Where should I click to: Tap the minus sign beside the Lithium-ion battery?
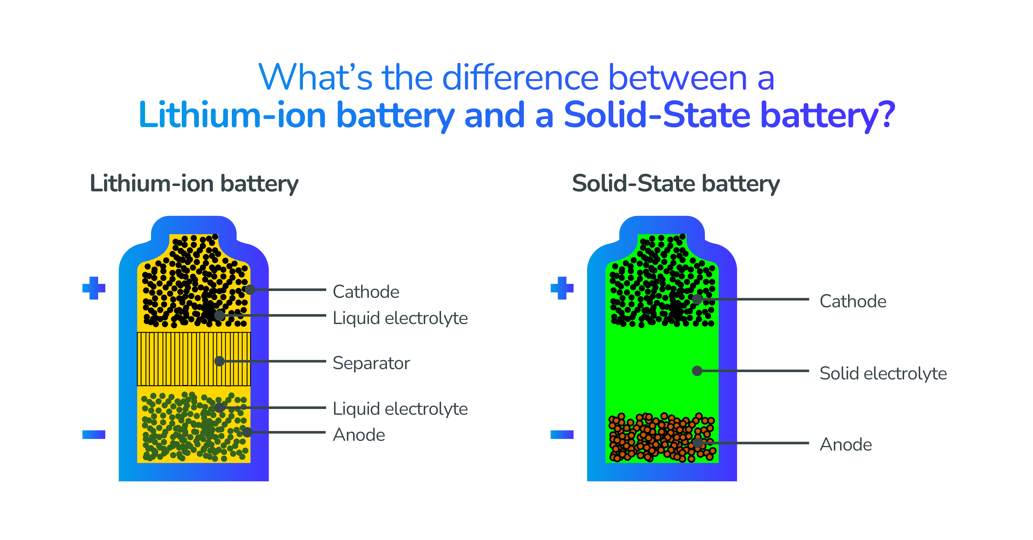click(94, 434)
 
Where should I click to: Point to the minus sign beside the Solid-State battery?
click(562, 434)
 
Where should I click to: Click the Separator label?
click(371, 363)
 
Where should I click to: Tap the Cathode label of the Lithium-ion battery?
click(366, 292)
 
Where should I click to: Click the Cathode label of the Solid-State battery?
click(853, 301)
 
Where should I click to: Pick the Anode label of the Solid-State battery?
click(846, 445)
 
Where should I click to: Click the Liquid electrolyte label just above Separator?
click(400, 318)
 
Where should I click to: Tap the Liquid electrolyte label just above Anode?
click(400, 409)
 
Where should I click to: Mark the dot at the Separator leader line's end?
click(219, 361)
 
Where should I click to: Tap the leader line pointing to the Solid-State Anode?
click(753, 443)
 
